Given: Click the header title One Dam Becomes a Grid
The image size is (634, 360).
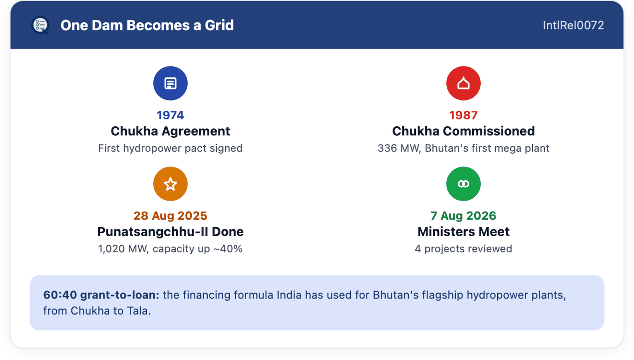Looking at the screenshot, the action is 147,25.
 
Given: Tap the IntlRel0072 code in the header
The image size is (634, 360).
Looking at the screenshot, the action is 574,25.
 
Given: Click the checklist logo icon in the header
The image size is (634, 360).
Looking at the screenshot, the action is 40,25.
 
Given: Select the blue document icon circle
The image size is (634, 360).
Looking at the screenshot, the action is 170,83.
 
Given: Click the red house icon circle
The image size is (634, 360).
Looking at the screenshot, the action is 463,83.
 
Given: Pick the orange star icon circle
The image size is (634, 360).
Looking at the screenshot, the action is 170,184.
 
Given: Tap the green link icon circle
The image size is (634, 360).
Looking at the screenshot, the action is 463,184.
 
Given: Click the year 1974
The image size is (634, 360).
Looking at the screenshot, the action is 170,115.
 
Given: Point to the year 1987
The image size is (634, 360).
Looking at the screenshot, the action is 463,115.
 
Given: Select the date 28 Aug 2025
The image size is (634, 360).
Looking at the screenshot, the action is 170,216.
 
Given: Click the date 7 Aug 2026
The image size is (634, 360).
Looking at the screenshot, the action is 463,216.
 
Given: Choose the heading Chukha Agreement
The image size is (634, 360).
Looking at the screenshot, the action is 170,131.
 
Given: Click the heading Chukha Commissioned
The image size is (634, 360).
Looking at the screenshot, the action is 463,131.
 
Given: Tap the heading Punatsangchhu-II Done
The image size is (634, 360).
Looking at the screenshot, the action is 170,232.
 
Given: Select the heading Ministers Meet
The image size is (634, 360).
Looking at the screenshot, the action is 463,232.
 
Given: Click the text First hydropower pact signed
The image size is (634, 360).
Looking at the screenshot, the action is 170,148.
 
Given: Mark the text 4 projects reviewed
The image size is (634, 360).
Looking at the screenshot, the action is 463,249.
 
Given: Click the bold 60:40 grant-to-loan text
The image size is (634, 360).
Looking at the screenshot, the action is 101,295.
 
